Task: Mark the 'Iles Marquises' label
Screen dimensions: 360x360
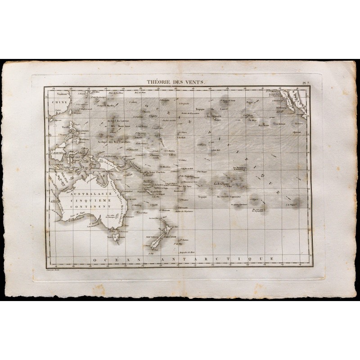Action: pyautogui.click(x=241, y=168)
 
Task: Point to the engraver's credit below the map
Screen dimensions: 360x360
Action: pyautogui.click(x=54, y=267)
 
